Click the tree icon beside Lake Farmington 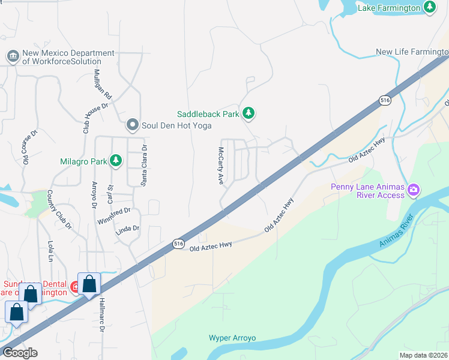point(429,7)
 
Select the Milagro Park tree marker point(115,161)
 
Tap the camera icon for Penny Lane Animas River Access point(413,191)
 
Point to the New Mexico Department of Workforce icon point(13,57)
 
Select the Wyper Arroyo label point(232,338)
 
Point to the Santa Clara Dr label point(144,165)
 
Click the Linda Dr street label point(127,229)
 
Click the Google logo point(20,352)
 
